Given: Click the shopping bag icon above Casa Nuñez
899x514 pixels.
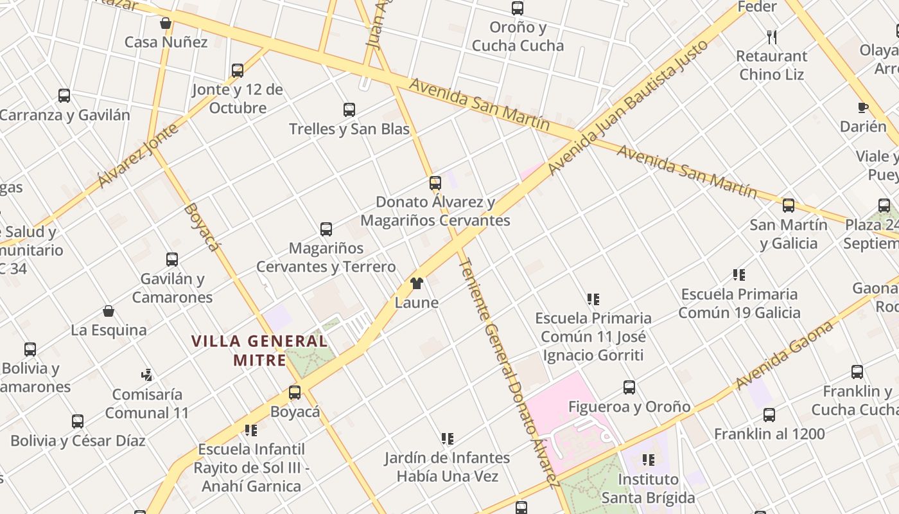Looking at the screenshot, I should point(166,24).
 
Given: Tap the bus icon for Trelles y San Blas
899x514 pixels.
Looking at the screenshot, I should point(349,110).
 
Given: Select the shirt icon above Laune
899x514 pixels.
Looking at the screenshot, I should point(417,283).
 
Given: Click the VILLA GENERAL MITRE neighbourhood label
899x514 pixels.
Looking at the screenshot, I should point(259,350).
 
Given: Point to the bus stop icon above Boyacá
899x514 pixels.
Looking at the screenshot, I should point(295,392).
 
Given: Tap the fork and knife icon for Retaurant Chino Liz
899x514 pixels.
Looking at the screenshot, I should point(772,37).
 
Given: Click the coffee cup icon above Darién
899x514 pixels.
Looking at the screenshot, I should point(863,108).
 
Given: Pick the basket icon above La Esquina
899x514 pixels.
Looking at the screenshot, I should point(109,312).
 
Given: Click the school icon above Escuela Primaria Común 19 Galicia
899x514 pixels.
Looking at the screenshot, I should point(739,275).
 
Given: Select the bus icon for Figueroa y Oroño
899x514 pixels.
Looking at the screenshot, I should point(629,387).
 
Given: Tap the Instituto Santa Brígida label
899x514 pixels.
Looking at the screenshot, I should point(648,488).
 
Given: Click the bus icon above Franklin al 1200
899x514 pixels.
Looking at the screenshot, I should point(769,415).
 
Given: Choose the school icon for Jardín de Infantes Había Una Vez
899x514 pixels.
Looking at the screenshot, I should point(448,439).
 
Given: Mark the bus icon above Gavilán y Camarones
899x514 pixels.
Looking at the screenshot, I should point(172,260).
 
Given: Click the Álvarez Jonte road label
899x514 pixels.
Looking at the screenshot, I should point(137,156).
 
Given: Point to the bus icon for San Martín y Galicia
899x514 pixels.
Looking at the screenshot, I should point(788,206).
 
